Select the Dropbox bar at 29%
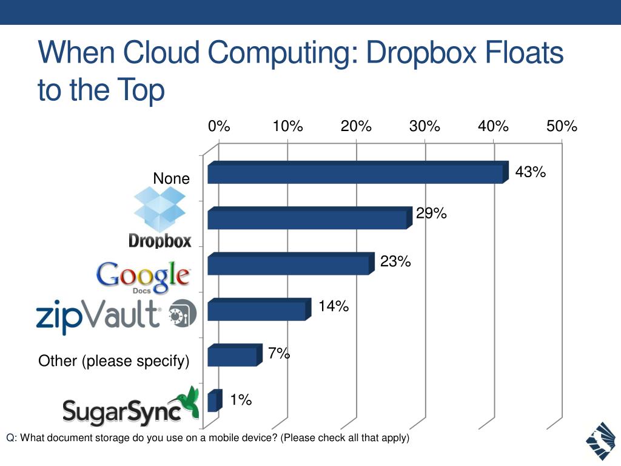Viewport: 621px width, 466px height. [x=307, y=219]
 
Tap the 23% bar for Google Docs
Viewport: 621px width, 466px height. [x=289, y=265]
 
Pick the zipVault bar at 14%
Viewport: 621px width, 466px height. [x=257, y=311]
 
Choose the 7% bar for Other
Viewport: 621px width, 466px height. [x=232, y=356]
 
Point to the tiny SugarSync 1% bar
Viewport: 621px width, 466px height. [x=213, y=402]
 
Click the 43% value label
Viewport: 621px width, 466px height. [x=531, y=172]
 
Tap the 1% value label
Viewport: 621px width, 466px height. [x=241, y=399]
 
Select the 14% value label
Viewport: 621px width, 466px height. [x=334, y=306]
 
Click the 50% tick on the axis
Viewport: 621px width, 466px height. [x=562, y=126]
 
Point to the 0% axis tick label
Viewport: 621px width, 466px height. [x=219, y=126]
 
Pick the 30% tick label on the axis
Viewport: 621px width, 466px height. [x=425, y=126]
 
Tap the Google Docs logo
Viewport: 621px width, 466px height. [x=143, y=277]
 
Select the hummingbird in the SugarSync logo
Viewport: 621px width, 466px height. [x=187, y=403]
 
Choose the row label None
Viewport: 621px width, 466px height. [x=171, y=179]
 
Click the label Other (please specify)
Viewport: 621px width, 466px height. [x=114, y=362]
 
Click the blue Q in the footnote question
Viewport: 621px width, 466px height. [x=10, y=438]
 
